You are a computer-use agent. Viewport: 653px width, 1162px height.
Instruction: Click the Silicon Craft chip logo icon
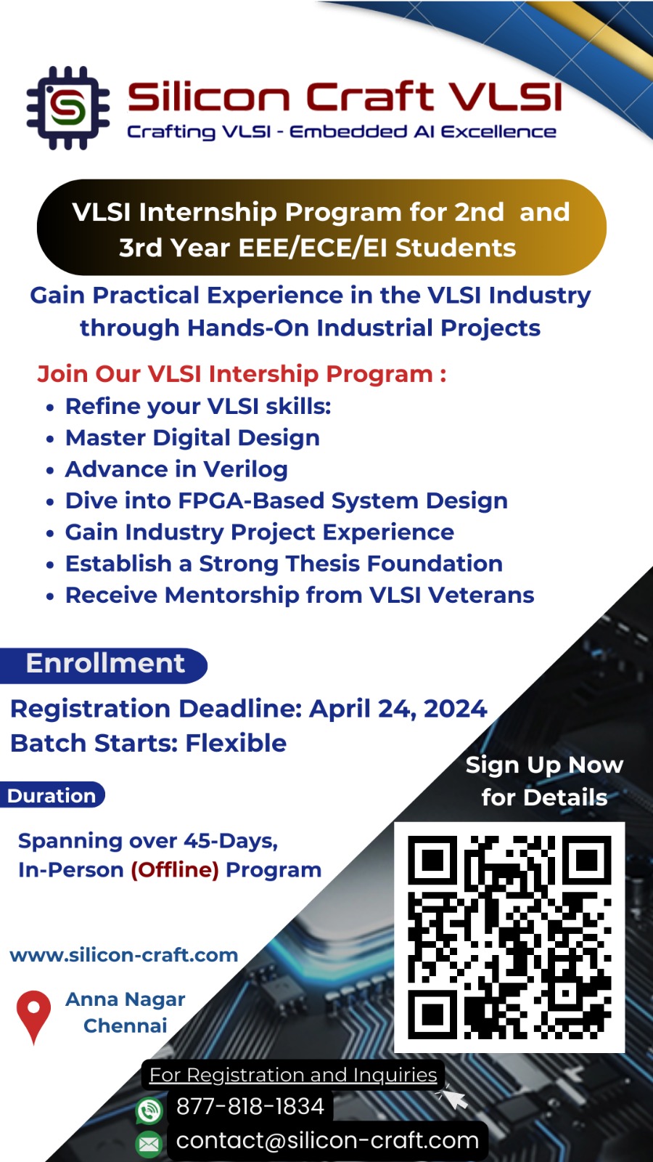click(68, 108)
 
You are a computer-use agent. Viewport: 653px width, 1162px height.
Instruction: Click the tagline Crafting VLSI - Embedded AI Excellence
click(342, 132)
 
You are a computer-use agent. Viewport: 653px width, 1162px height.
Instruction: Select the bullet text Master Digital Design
click(192, 439)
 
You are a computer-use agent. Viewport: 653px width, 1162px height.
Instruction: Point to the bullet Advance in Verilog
click(176, 469)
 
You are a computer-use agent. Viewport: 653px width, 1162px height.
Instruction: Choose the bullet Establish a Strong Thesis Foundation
click(284, 564)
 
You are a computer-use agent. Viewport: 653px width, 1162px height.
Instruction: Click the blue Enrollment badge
click(104, 665)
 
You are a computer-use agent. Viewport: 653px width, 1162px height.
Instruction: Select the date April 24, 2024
click(398, 709)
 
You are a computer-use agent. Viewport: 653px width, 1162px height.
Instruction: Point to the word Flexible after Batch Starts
click(236, 743)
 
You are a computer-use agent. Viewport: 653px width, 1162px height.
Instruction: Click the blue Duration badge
click(52, 795)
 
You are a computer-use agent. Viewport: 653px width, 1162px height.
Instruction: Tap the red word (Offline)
click(175, 870)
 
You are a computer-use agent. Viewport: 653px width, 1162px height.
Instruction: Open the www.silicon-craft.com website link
click(124, 955)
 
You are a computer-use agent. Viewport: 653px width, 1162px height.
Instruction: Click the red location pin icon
click(33, 1017)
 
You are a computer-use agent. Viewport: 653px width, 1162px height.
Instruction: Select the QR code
click(509, 938)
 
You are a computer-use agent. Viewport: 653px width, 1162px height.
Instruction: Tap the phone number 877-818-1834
click(250, 1106)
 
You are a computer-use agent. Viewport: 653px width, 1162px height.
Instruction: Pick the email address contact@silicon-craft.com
click(327, 1141)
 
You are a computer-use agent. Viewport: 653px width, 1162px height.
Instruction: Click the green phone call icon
click(149, 1111)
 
